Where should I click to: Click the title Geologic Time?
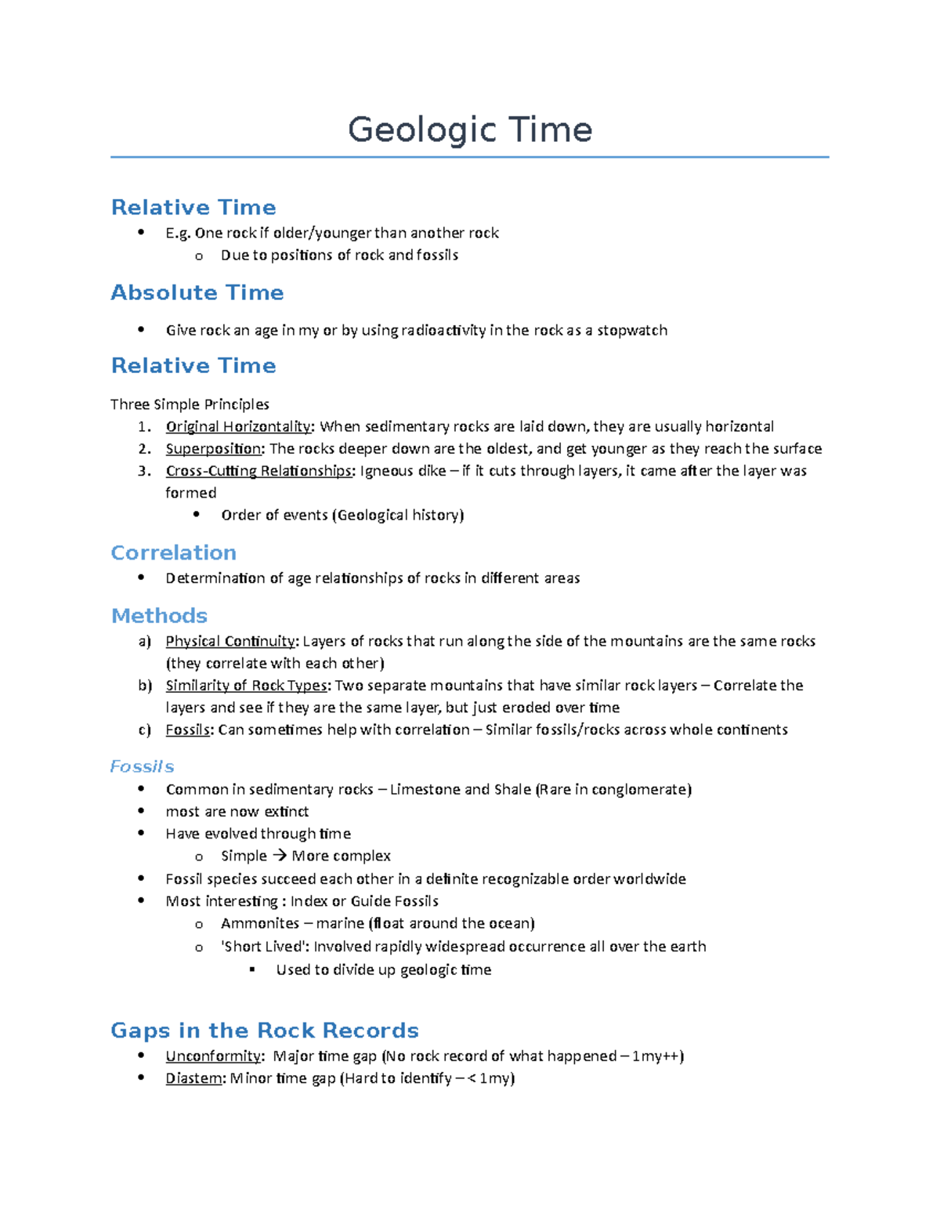click(x=470, y=129)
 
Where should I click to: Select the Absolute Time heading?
click(x=197, y=292)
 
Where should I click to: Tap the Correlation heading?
click(x=173, y=552)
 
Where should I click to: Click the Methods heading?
click(x=159, y=615)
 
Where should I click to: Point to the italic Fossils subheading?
click(x=142, y=766)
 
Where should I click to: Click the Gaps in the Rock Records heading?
click(x=264, y=1030)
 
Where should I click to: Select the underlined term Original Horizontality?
click(x=238, y=426)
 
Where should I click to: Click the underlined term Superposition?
click(x=214, y=448)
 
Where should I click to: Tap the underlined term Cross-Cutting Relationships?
click(x=259, y=471)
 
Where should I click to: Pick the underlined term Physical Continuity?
click(x=230, y=641)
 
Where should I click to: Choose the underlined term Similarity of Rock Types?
click(x=247, y=686)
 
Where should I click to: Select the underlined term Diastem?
click(x=194, y=1078)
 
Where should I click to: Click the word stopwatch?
click(x=632, y=330)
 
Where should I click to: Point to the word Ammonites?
click(x=260, y=923)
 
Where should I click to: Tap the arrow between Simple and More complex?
click(x=279, y=856)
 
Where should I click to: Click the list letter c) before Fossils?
click(x=144, y=730)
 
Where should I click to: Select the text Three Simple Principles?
click(x=190, y=404)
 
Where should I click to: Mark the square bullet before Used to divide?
click(x=252, y=969)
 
